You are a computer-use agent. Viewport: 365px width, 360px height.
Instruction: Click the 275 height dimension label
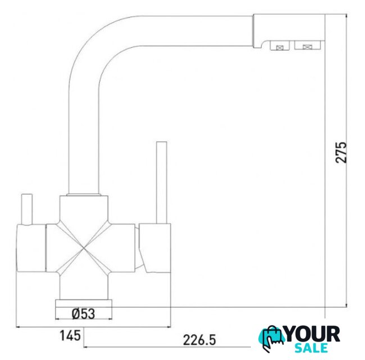(341, 152)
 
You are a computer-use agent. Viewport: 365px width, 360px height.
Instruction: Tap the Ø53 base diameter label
(84, 314)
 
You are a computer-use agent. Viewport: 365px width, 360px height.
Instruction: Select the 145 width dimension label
(70, 336)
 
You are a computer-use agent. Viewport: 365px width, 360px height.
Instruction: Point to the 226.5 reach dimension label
(200, 340)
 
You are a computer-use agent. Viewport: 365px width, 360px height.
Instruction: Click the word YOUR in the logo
(312, 334)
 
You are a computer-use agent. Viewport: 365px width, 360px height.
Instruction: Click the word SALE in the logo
(311, 348)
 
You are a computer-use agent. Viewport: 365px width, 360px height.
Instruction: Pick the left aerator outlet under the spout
(280, 46)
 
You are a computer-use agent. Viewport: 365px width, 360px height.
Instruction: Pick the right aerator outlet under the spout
(307, 45)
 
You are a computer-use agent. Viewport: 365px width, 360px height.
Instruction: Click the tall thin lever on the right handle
(161, 183)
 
